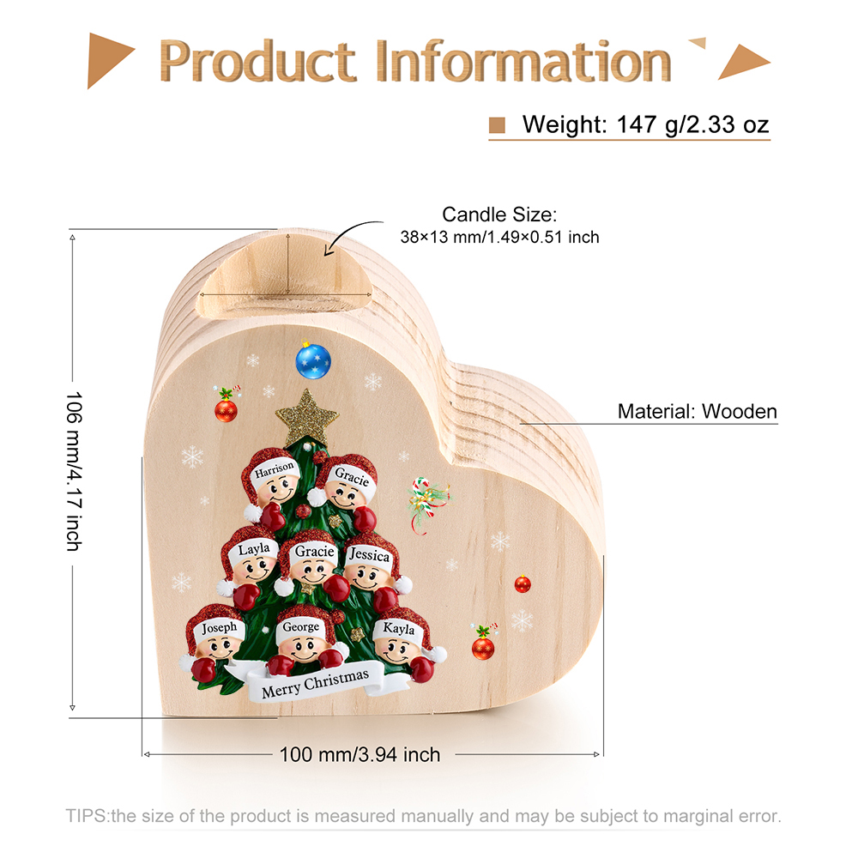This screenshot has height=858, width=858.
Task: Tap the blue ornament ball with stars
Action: [x=313, y=360]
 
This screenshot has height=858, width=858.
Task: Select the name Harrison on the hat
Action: [x=275, y=468]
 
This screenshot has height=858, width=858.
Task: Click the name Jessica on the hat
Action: [x=370, y=556]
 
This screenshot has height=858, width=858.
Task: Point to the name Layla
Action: [x=254, y=549]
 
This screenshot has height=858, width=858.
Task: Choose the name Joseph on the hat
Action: [x=220, y=628]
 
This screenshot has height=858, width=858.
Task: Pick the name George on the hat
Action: [x=300, y=627]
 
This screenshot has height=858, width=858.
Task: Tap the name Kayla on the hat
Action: [x=399, y=629]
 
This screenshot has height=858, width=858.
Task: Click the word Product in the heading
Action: [x=257, y=62]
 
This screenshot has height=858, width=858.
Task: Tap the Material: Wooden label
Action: [x=697, y=412]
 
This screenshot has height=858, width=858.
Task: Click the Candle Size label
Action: [x=499, y=214]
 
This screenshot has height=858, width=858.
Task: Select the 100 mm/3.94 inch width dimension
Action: [x=360, y=755]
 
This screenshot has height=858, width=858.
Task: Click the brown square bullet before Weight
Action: [x=497, y=125]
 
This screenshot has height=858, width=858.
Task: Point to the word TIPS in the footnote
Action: [x=87, y=815]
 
